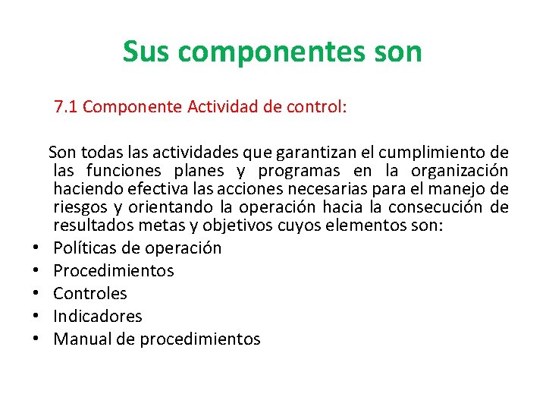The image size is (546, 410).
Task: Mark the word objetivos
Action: coord(217,225)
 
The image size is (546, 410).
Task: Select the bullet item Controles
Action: coord(90,294)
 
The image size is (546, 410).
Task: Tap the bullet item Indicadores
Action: coord(98,317)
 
